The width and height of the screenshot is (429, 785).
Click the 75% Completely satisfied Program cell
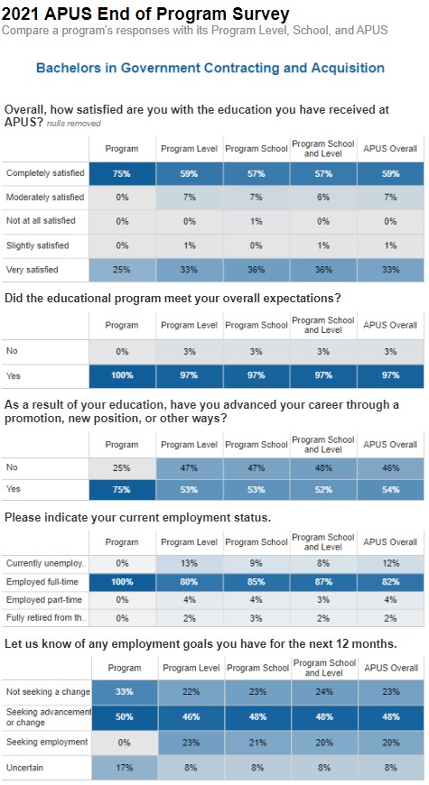click(x=122, y=174)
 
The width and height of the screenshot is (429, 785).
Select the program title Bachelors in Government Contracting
click(x=210, y=68)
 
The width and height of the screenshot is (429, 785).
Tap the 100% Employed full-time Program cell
click(x=122, y=582)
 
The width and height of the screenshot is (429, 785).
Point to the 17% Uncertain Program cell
click(x=125, y=768)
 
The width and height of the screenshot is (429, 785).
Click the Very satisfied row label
click(x=33, y=270)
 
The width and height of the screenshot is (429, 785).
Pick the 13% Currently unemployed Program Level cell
click(x=190, y=563)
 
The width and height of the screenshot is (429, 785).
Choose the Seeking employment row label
click(x=47, y=742)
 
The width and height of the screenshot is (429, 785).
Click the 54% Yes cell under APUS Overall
click(x=390, y=490)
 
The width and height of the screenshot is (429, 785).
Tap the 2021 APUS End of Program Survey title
click(x=145, y=14)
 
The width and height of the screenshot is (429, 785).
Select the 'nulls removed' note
click(x=74, y=124)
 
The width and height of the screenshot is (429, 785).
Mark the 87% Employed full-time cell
click(x=323, y=582)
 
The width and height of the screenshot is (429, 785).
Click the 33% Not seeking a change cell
click(x=125, y=692)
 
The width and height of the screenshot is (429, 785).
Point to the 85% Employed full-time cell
click(x=256, y=582)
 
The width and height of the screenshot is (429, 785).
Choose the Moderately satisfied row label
click(x=45, y=198)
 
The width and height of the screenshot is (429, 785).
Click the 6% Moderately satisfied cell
click(x=323, y=198)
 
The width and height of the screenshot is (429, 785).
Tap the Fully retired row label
click(x=46, y=618)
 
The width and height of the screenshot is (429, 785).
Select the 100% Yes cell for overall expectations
click(x=122, y=375)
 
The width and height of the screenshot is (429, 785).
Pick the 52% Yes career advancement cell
click(x=323, y=490)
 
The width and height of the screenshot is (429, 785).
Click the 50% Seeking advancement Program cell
click(x=125, y=717)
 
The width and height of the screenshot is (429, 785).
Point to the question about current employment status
click(x=138, y=518)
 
